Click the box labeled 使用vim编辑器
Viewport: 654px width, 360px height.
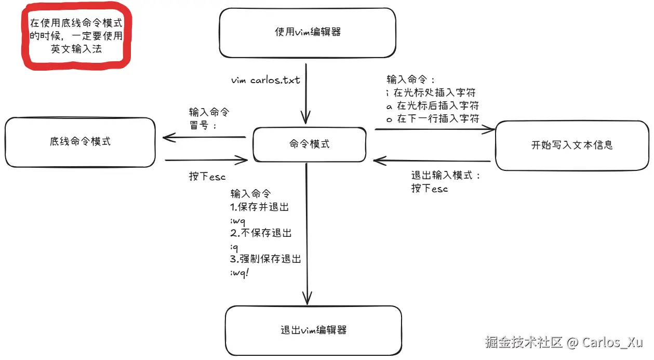click(x=308, y=32)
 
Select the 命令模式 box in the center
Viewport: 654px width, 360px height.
click(x=310, y=144)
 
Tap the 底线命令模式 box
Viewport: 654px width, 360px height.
click(x=80, y=141)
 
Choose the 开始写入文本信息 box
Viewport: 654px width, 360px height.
click(x=572, y=145)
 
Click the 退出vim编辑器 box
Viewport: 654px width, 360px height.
click(x=313, y=330)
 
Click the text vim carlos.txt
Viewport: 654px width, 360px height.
click(x=265, y=81)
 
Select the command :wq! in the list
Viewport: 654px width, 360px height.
click(x=239, y=272)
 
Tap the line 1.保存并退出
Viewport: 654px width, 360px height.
click(x=259, y=207)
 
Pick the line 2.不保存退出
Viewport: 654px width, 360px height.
click(x=261, y=233)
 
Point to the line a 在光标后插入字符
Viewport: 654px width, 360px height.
click(x=432, y=105)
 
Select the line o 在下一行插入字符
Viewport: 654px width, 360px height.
click(x=432, y=118)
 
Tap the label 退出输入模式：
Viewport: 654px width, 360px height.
click(x=446, y=176)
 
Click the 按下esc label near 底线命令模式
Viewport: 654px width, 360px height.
click(x=207, y=177)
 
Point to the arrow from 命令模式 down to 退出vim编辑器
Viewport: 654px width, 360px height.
click(x=308, y=234)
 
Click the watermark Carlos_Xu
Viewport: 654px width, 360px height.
click(x=612, y=342)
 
